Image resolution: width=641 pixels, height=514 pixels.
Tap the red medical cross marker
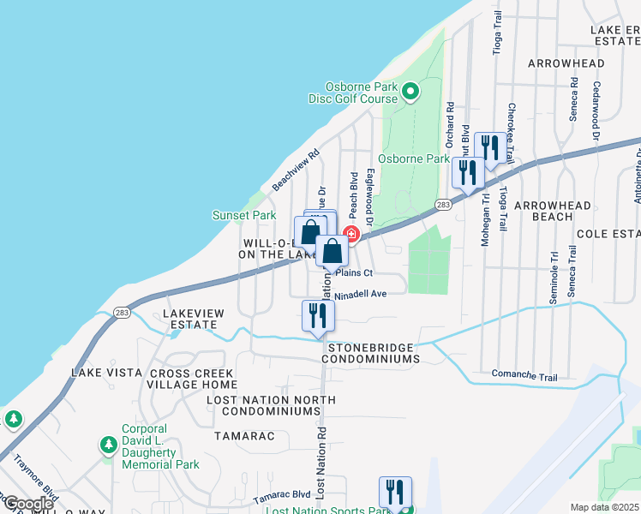click(x=350, y=234)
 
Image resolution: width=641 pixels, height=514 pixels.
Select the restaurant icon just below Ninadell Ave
click(x=318, y=315)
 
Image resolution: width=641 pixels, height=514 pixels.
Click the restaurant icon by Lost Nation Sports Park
click(x=395, y=492)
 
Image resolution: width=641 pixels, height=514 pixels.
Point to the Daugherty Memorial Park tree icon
click(x=108, y=445)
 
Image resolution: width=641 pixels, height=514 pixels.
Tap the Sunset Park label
click(x=244, y=215)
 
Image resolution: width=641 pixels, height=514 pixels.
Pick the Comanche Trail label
click(x=524, y=374)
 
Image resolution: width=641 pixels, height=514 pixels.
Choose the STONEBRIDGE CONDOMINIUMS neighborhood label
click(x=371, y=353)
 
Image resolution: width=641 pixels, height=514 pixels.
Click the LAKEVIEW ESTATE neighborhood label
click(x=194, y=319)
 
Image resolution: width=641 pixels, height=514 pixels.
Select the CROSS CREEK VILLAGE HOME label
click(x=219, y=380)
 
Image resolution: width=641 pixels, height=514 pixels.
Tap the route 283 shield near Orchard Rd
click(x=443, y=205)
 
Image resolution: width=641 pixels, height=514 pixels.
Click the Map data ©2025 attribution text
click(x=605, y=507)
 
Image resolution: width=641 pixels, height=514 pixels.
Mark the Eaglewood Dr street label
click(x=370, y=196)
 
